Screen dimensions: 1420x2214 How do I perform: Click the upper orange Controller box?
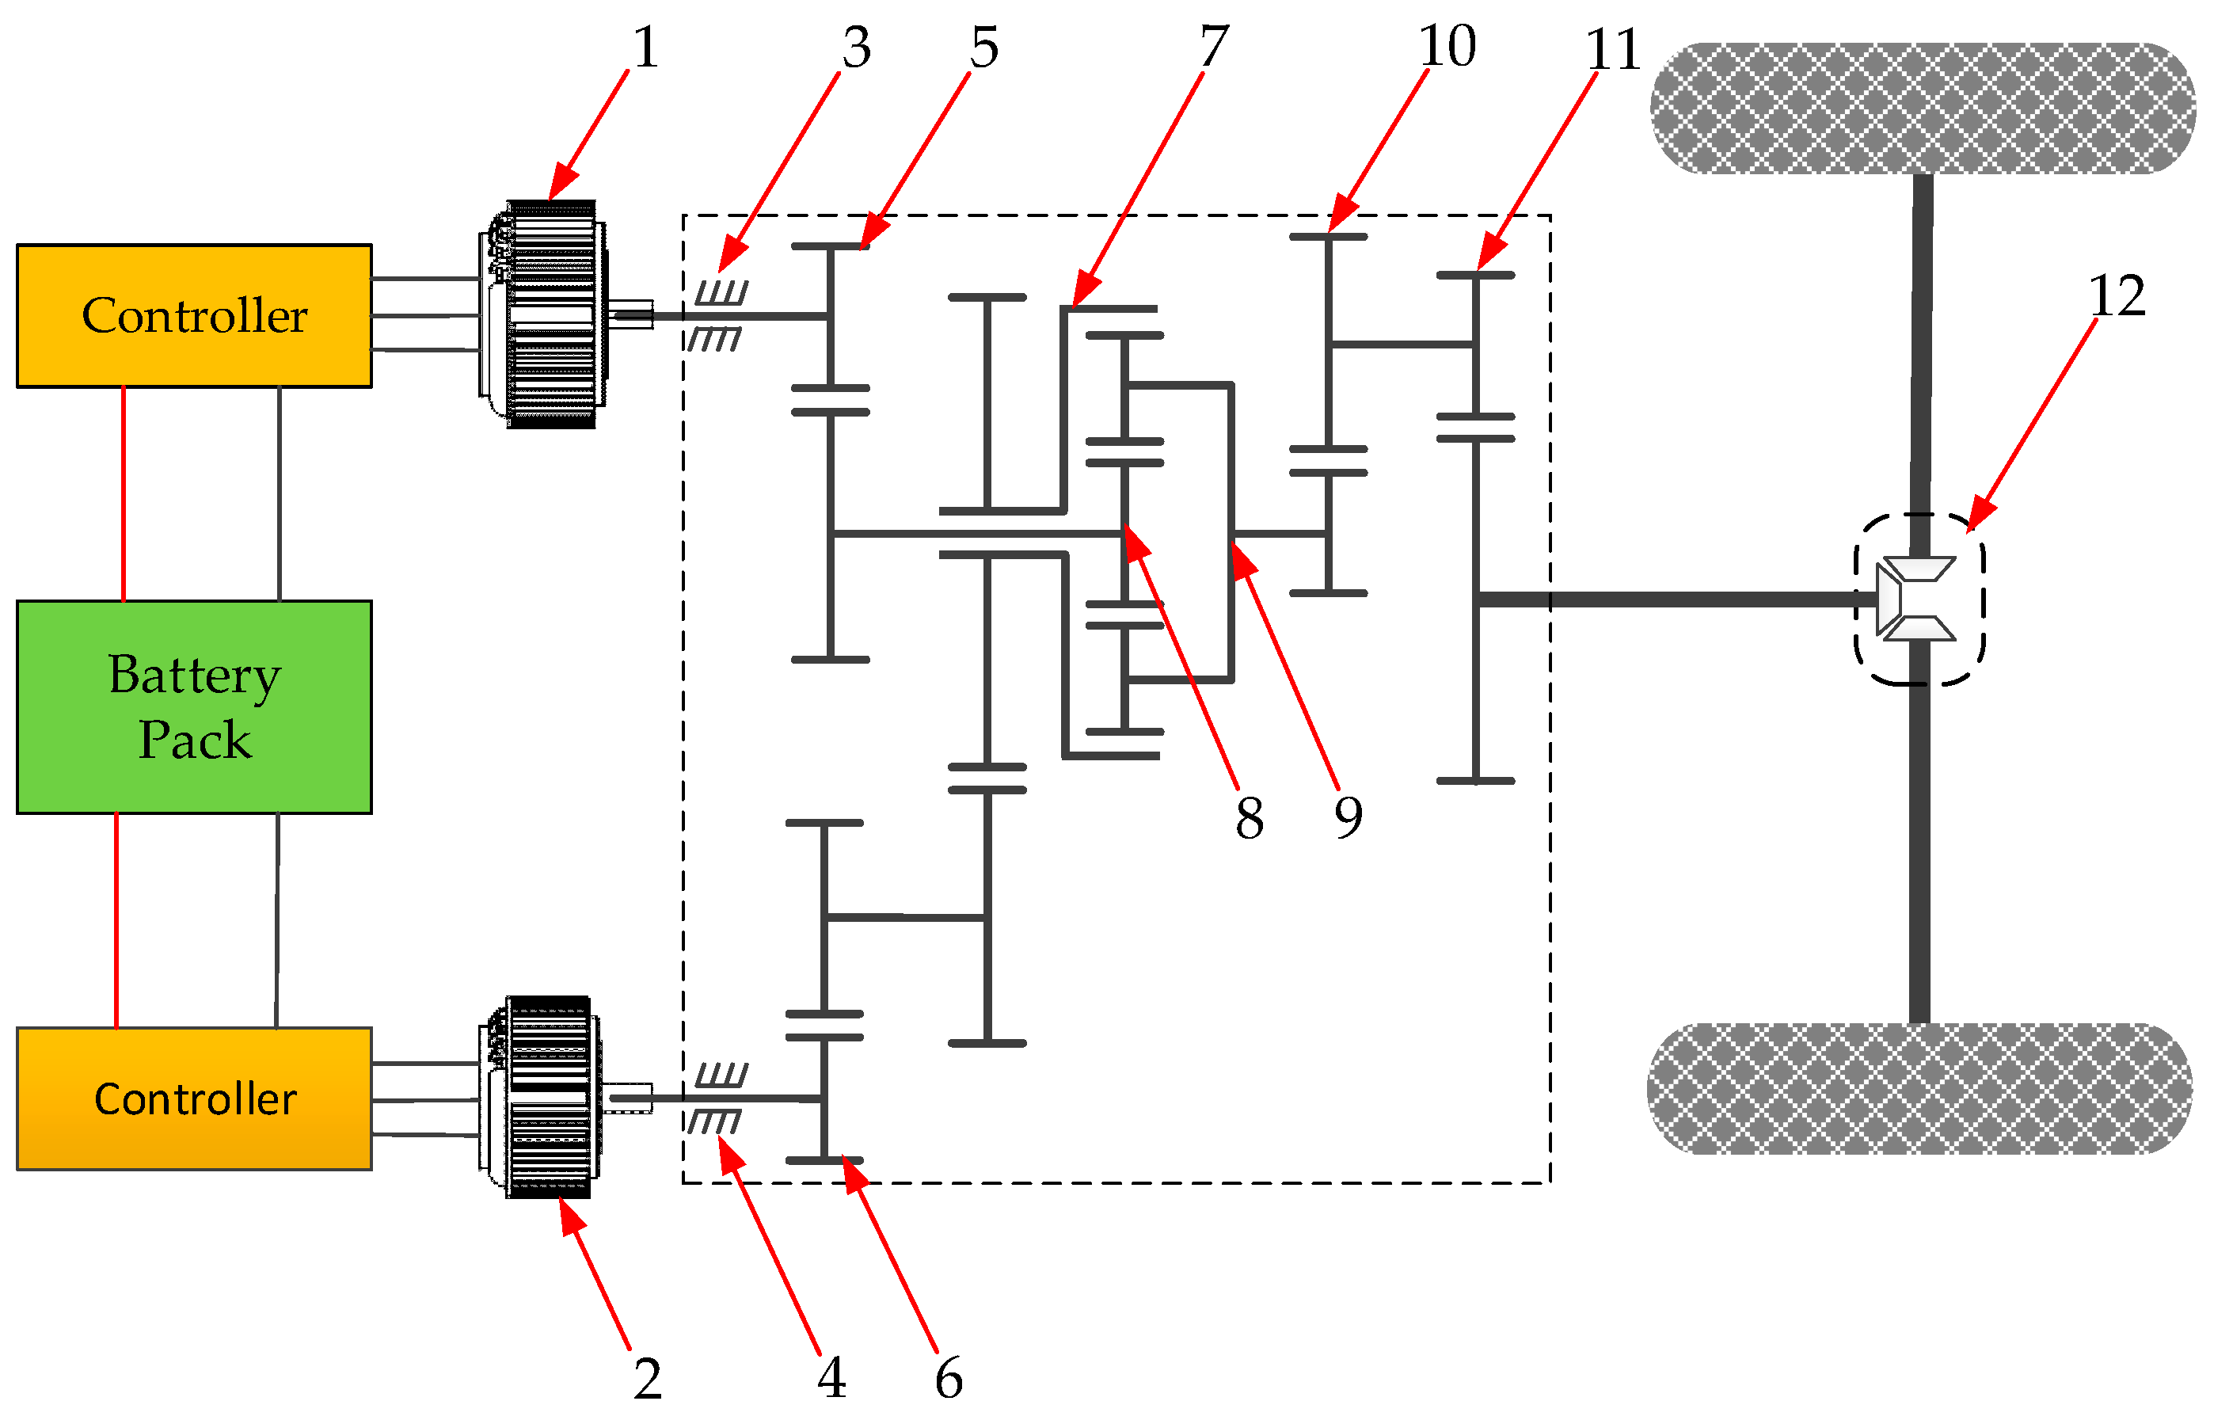pyautogui.click(x=193, y=315)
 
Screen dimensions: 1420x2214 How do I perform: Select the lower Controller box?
pyautogui.click(x=193, y=1098)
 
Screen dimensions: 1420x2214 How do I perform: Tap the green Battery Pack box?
pyautogui.click(x=193, y=706)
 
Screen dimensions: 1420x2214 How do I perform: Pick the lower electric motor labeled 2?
pyautogui.click(x=542, y=1098)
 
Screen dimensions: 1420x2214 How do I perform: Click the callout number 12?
pyautogui.click(x=2117, y=297)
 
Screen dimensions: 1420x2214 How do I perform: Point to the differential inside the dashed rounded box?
pyautogui.click(x=1918, y=600)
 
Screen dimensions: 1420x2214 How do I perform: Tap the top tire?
pyautogui.click(x=1922, y=108)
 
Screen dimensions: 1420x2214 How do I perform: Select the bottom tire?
pyautogui.click(x=1919, y=1088)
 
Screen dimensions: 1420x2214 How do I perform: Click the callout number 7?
pyautogui.click(x=1214, y=46)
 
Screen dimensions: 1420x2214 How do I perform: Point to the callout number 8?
pyautogui.click(x=1249, y=818)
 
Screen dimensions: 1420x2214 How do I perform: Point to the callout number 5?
pyautogui.click(x=983, y=47)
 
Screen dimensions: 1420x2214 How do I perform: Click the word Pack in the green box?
pyautogui.click(x=195, y=740)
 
